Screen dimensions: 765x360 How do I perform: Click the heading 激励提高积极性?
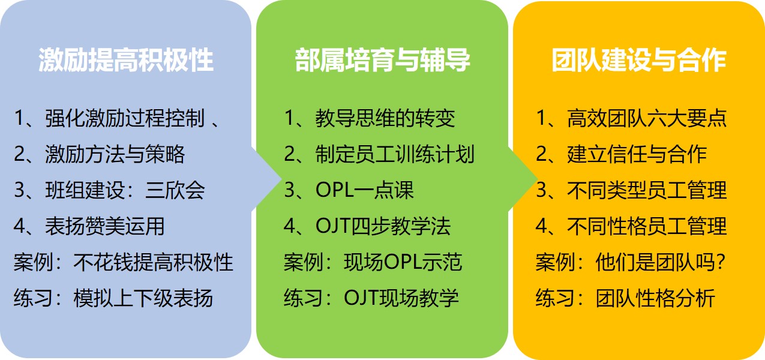[x=125, y=60]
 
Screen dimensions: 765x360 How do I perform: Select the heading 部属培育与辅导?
[x=382, y=60]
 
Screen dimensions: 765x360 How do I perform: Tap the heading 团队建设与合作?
[x=638, y=60]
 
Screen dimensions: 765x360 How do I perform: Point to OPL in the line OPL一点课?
[x=335, y=190]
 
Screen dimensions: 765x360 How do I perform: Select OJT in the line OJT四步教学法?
[x=333, y=226]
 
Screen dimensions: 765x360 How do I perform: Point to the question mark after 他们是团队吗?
[x=719, y=262]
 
